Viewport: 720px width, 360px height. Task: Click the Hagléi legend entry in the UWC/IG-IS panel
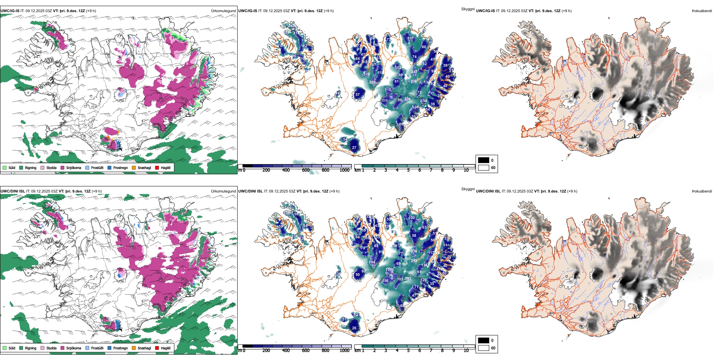(166, 167)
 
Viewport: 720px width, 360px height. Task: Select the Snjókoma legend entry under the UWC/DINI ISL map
(74, 348)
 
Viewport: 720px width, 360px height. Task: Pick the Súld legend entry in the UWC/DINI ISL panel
(12, 348)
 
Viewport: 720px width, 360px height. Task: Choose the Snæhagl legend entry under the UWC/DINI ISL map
(144, 348)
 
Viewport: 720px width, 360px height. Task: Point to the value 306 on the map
(407, 99)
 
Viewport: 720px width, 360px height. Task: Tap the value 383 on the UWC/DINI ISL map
(408, 279)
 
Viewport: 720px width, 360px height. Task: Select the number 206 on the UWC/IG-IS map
(413, 81)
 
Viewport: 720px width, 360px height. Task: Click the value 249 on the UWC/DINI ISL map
(414, 261)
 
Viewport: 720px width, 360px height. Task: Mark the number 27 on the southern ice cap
(354, 148)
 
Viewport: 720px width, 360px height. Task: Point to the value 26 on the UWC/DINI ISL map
(354, 328)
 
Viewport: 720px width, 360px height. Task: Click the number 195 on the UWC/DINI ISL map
(389, 269)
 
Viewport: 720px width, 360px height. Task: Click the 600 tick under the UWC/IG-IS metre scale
(306, 170)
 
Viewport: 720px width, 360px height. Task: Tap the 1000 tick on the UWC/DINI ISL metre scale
(344, 351)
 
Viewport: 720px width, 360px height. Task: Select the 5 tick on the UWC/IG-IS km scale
(409, 170)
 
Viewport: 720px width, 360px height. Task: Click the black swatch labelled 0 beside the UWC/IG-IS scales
(484, 160)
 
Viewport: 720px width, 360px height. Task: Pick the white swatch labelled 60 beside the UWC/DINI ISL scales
(484, 348)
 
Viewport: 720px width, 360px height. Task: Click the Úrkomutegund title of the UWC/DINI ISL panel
(223, 191)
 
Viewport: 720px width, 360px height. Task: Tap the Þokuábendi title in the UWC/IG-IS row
(702, 11)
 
